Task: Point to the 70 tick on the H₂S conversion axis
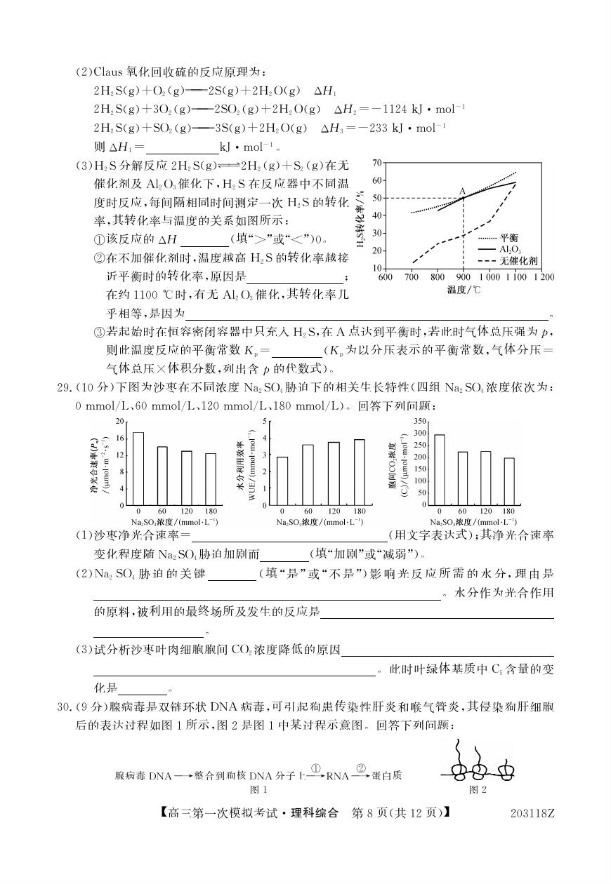click(376, 162)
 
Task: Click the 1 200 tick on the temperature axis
click(544, 276)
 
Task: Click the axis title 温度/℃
click(466, 288)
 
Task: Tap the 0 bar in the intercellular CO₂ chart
click(440, 469)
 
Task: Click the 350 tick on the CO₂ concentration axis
click(420, 421)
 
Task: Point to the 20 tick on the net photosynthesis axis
click(119, 421)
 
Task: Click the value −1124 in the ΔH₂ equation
click(395, 109)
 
